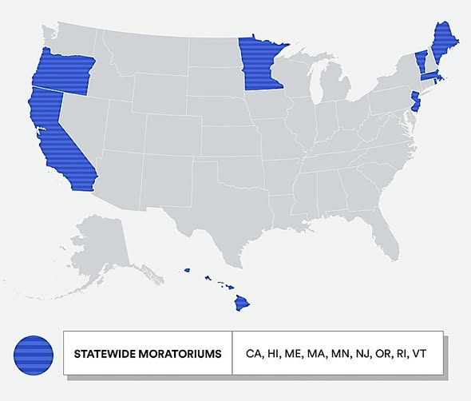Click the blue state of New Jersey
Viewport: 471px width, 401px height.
[x=416, y=101]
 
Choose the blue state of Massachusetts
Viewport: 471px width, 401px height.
[x=429, y=77]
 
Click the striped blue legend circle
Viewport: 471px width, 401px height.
[x=34, y=352]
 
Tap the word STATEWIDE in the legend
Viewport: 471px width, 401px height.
[x=105, y=352]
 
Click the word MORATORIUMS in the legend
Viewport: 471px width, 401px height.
[x=182, y=352]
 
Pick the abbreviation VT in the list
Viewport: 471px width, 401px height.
[x=422, y=352]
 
